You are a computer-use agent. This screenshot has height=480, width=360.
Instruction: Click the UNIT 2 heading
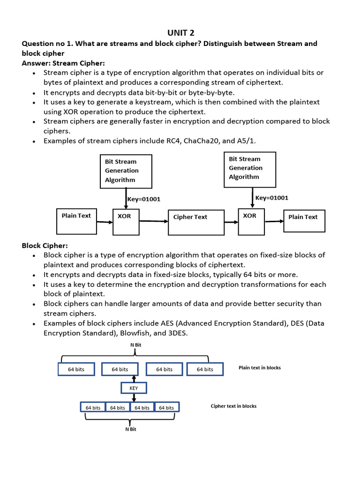click(x=180, y=33)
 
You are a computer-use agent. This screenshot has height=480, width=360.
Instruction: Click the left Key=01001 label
click(x=144, y=199)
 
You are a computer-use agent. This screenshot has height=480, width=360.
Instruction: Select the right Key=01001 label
click(x=272, y=198)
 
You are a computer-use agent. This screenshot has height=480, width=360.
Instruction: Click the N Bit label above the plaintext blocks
click(x=136, y=345)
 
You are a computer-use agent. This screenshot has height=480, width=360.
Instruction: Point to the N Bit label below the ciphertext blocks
click(x=131, y=429)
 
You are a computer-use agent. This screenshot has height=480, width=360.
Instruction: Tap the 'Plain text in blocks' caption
click(x=260, y=367)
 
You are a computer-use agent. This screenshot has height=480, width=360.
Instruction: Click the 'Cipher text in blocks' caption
click(x=233, y=406)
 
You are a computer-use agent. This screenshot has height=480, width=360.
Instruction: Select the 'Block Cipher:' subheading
click(x=45, y=246)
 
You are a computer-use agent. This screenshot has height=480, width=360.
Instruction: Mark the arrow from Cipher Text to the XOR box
click(x=232, y=222)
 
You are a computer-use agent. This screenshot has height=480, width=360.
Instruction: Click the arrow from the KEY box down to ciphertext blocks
click(x=134, y=397)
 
